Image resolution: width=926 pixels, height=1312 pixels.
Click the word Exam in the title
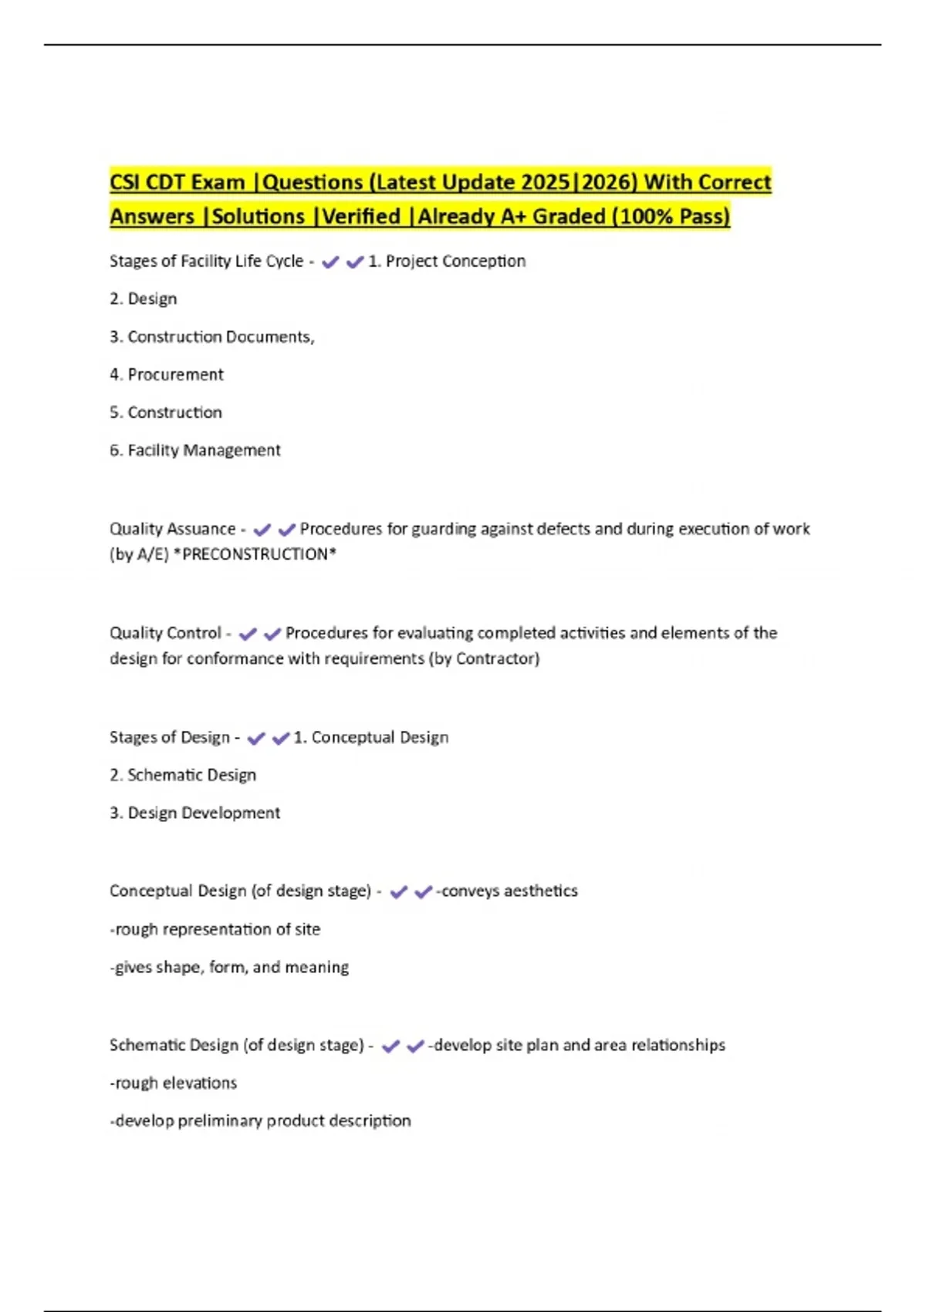(x=218, y=183)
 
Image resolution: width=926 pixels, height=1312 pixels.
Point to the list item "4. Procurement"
(x=167, y=375)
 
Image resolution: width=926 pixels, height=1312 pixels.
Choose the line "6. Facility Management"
(x=195, y=451)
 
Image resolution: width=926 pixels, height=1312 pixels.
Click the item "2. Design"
(x=144, y=299)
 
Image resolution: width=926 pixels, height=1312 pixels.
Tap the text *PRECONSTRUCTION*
(x=255, y=555)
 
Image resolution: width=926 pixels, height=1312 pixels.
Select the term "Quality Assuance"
(x=172, y=529)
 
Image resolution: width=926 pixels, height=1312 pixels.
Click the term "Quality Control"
(x=165, y=634)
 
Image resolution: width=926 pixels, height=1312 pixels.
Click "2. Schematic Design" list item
(x=183, y=776)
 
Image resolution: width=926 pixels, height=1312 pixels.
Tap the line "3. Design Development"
(x=195, y=813)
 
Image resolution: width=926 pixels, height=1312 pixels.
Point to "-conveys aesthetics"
(x=507, y=891)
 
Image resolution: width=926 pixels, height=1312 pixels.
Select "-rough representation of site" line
(x=215, y=930)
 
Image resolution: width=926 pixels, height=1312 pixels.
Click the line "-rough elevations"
(x=174, y=1084)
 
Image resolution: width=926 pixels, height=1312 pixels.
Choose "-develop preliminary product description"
(x=261, y=1121)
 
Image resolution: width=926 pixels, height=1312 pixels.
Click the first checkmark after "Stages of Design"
(x=256, y=739)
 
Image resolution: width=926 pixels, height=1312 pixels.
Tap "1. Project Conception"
(x=447, y=262)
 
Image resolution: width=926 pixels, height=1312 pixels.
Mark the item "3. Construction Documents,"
(x=212, y=337)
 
